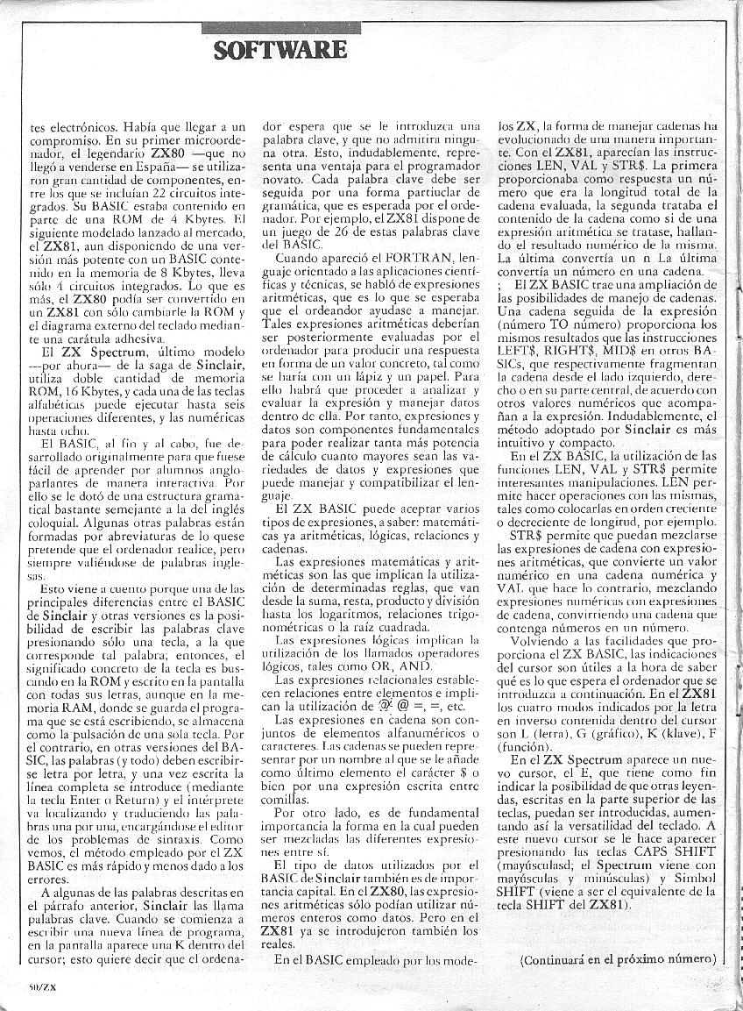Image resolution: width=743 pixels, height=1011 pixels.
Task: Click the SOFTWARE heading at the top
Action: point(280,49)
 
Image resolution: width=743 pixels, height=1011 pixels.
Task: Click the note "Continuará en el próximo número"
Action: point(617,958)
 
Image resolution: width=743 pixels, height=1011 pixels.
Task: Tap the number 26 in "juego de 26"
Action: point(329,231)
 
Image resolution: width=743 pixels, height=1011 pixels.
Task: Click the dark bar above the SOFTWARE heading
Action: point(280,29)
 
